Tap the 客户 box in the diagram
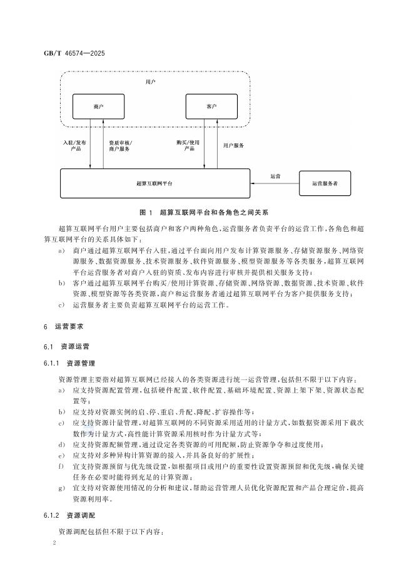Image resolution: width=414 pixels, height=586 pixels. pyautogui.click(x=211, y=107)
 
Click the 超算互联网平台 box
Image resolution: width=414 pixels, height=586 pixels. pyautogui.click(x=154, y=183)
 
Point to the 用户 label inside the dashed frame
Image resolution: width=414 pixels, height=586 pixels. pyautogui.click(x=150, y=82)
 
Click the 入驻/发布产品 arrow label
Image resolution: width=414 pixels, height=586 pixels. pyautogui.click(x=75, y=146)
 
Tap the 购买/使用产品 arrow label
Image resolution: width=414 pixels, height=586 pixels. pyautogui.click(x=188, y=146)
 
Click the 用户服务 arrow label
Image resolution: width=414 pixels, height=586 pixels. pyautogui.click(x=233, y=145)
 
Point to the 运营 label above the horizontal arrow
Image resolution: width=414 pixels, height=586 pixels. pyautogui.click(x=275, y=176)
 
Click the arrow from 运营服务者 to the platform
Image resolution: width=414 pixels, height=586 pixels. pyautogui.click(x=275, y=183)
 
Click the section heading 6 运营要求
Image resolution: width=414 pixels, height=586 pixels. pyautogui.click(x=68, y=327)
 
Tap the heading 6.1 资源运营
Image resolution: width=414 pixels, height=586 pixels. pyautogui.click(x=71, y=346)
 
